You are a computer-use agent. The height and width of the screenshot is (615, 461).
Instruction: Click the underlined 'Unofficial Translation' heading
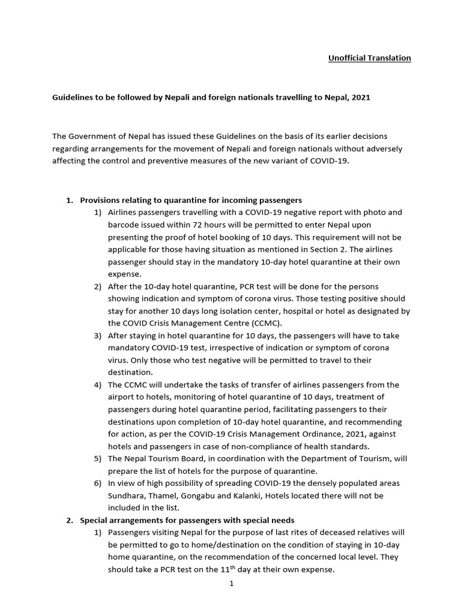point(369,58)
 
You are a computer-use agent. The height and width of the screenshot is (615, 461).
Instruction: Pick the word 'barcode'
point(122,225)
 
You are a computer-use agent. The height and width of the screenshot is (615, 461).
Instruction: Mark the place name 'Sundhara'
point(125,496)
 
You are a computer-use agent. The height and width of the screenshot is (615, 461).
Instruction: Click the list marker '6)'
point(97,483)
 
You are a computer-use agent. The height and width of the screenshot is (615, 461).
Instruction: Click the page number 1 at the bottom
point(230,584)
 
